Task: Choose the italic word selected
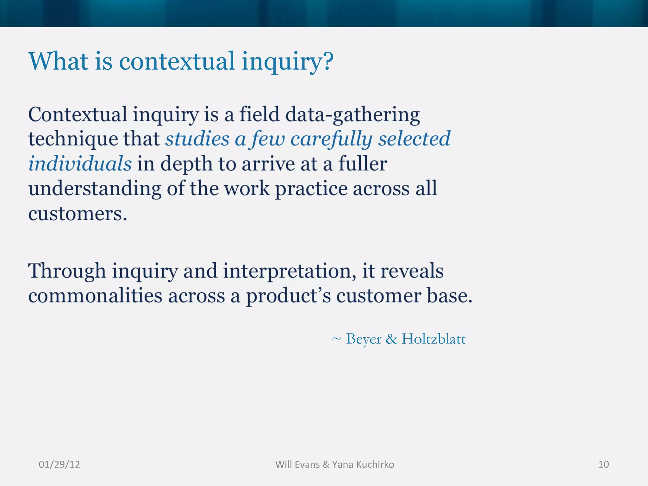pos(414,139)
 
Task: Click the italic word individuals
pos(80,164)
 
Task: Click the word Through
pos(67,271)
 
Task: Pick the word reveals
pos(412,271)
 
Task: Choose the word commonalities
pos(95,296)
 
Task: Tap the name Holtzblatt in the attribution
pos(433,339)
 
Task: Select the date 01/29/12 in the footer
pos(59,464)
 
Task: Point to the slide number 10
pos(603,464)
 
